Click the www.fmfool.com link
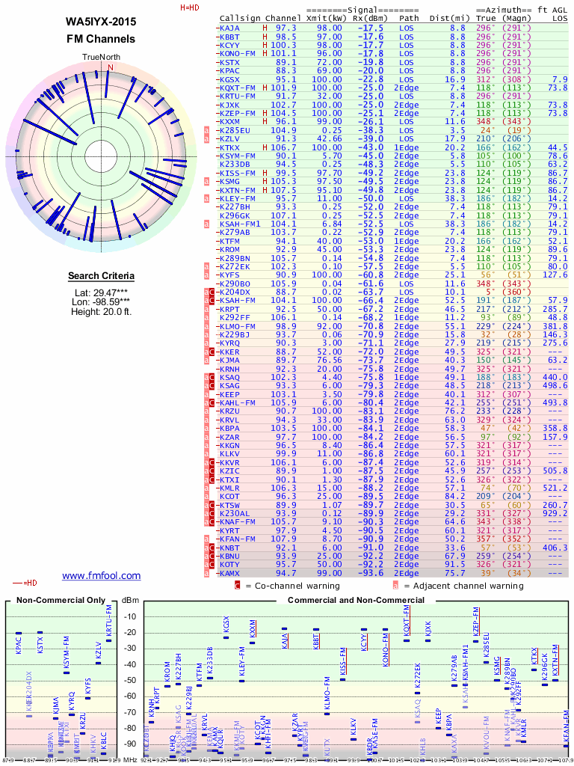101,575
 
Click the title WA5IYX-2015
101,22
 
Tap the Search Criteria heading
101,276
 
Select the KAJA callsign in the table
230,28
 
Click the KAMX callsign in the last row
230,572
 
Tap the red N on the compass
111,67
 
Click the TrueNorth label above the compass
101,57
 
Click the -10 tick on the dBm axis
132,617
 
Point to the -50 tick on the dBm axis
132,681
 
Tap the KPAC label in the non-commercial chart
19,646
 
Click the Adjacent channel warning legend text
464,586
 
